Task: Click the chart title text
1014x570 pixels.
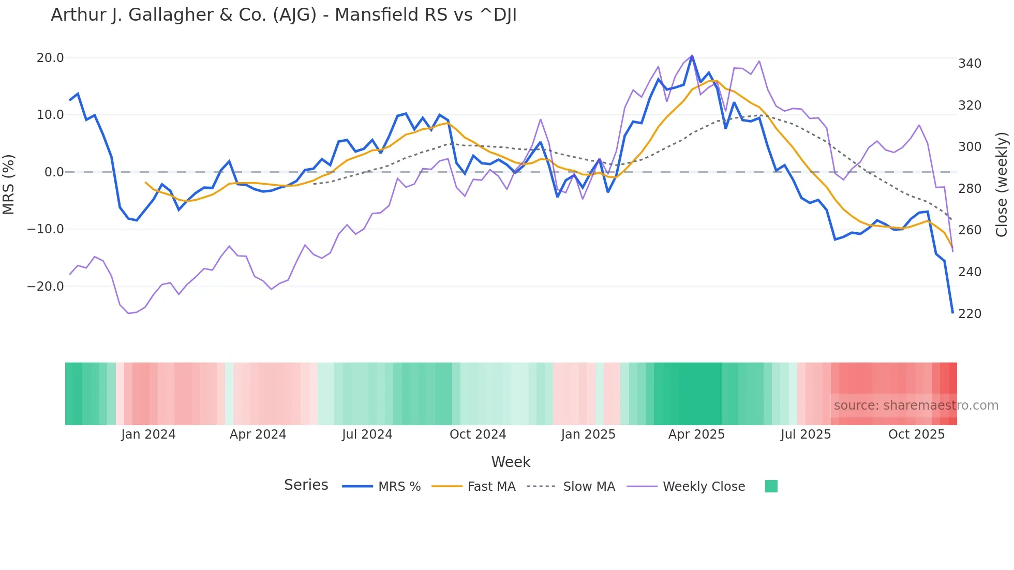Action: pos(284,15)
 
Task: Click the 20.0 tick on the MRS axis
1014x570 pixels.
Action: pos(50,58)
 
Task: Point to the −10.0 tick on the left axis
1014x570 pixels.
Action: pos(46,229)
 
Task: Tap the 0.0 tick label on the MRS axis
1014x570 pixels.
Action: pos(54,172)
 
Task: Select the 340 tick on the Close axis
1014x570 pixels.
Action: pos(970,64)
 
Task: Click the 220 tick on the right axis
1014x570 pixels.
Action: pos(970,314)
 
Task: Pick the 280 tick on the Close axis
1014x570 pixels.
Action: pos(970,189)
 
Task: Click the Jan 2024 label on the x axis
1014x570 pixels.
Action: pos(148,434)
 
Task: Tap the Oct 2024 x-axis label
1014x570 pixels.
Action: pos(478,434)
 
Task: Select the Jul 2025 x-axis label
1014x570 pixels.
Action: pos(806,434)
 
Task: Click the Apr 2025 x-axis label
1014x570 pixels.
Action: pos(696,434)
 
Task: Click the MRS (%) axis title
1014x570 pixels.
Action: pos(9,184)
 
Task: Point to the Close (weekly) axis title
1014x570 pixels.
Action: pos(1002,185)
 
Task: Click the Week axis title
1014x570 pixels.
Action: pos(511,462)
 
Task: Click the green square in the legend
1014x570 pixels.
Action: pos(771,486)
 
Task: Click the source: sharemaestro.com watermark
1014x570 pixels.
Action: pos(916,406)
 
